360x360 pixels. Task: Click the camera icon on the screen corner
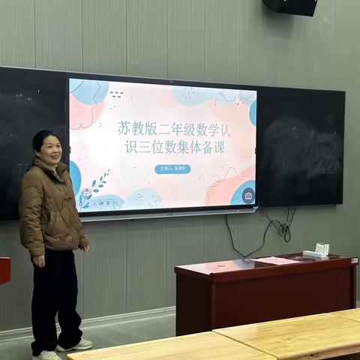coord(248,196)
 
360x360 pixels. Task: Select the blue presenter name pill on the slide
coord(172,169)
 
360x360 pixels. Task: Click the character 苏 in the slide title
coord(124,128)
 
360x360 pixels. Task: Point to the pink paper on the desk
coord(276,260)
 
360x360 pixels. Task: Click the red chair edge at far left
coord(4,270)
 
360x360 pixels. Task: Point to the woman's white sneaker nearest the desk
coord(76,345)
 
